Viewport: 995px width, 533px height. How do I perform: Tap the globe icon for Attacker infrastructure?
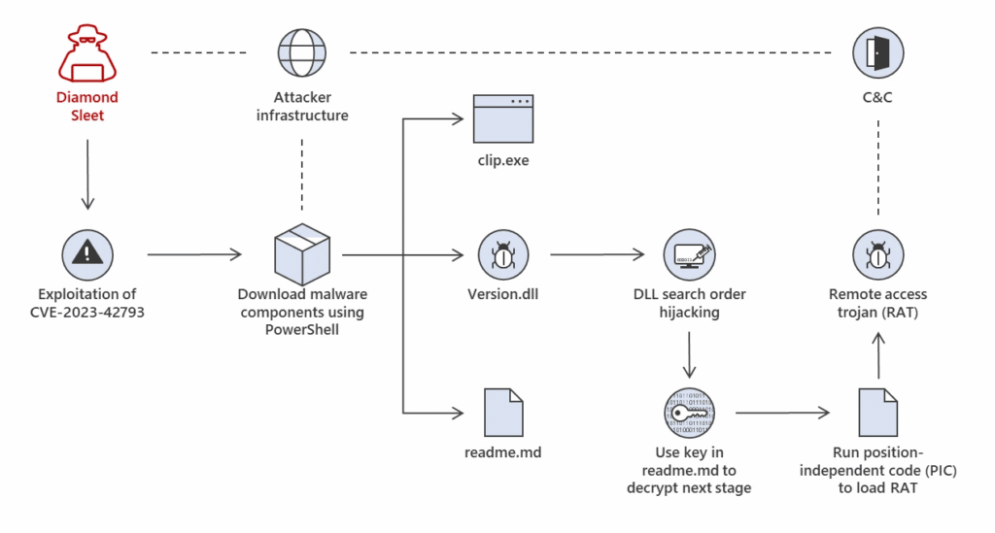(302, 52)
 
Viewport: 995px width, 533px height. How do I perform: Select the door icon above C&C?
(878, 52)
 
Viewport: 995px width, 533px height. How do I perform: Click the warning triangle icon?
(87, 254)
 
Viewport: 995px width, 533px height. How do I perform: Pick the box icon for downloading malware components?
(302, 254)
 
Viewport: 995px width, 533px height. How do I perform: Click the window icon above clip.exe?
(503, 118)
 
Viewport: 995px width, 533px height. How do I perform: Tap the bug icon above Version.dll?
(503, 254)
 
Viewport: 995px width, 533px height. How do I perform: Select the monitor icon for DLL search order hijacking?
(689, 254)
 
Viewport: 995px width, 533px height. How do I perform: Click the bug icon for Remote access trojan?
(878, 254)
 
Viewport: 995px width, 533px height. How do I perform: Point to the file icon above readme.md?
(504, 413)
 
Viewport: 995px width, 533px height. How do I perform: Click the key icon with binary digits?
(689, 413)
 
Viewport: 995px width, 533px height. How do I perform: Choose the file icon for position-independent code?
(878, 413)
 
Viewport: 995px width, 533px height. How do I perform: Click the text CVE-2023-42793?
(87, 313)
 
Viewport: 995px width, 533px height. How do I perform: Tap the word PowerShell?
(302, 329)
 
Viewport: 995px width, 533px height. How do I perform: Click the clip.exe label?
(503, 160)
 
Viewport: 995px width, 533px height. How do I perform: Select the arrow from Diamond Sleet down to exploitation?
(87, 175)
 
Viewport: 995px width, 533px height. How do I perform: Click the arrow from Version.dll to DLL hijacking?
(598, 254)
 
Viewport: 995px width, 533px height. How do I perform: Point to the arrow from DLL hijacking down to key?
(689, 355)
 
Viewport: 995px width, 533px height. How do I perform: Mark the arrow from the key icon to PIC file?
(782, 413)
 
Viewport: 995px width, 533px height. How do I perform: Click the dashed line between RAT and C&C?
(878, 168)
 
